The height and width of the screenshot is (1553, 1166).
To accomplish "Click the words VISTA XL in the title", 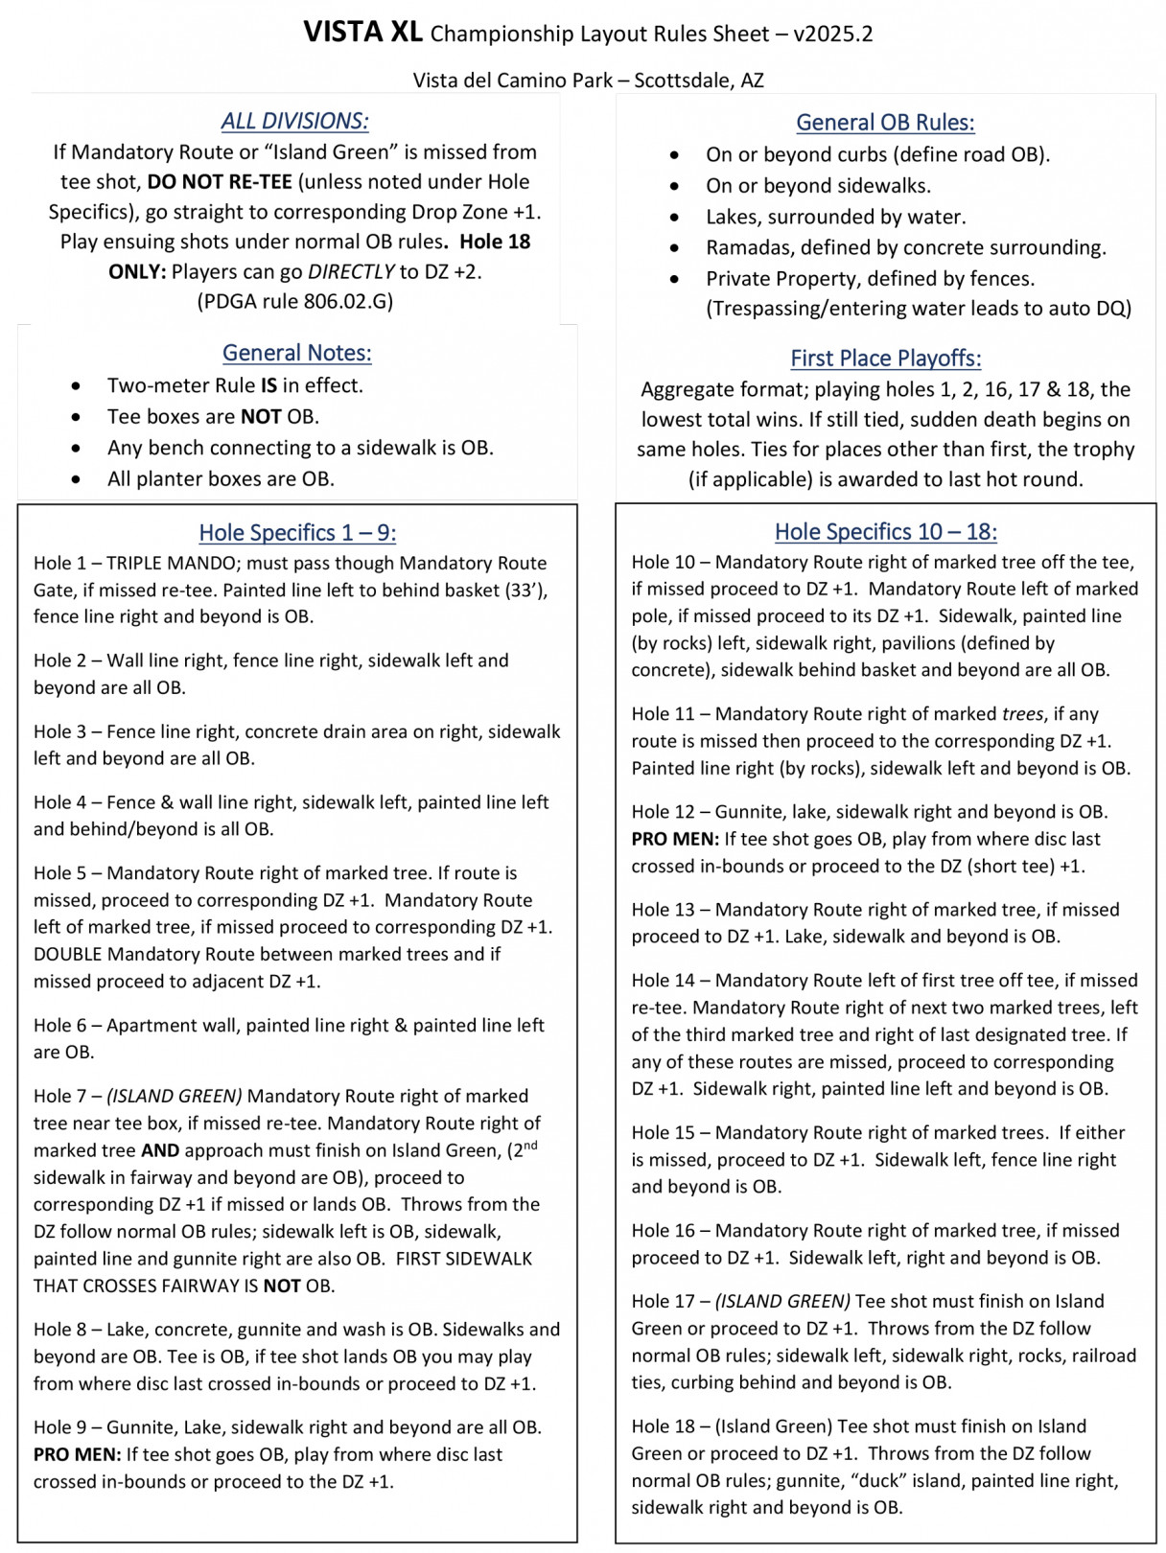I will tap(362, 33).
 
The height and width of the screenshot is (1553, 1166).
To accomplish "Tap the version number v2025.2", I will tap(833, 35).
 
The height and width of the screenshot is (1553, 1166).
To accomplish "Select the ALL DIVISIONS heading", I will tap(294, 121).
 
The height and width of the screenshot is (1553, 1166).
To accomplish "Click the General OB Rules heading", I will tap(885, 123).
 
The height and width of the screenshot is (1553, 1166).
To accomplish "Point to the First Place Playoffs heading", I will tap(885, 359).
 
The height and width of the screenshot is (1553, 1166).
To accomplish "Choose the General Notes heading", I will tap(297, 353).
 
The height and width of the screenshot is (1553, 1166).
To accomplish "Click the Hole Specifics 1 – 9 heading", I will tap(297, 533).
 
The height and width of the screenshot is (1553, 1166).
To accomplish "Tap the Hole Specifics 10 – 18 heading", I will tap(885, 532).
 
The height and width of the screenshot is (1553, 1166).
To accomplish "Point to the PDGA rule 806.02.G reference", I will tap(295, 302).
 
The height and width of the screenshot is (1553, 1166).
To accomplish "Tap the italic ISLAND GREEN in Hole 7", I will tap(175, 1096).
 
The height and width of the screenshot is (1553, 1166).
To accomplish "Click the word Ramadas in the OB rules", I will tap(746, 247).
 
